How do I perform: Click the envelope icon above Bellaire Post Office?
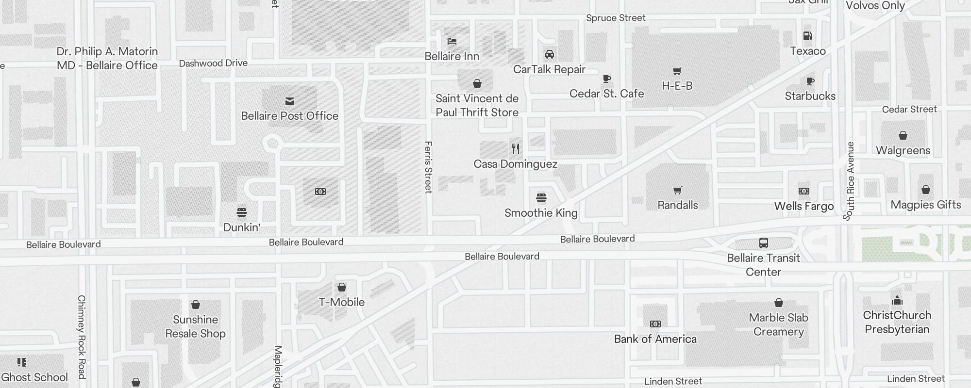[290, 101]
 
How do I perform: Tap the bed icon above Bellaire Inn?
[452, 41]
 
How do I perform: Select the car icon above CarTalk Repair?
[550, 54]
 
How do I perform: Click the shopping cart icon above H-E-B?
[677, 71]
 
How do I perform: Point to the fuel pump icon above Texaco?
[808, 36]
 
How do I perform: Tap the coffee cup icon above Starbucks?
[810, 81]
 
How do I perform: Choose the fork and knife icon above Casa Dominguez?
[516, 149]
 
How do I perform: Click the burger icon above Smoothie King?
[541, 198]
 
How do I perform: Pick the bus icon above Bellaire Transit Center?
[763, 243]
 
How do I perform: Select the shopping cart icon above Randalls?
[677, 190]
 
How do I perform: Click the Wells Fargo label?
[804, 206]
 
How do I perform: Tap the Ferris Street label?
[428, 167]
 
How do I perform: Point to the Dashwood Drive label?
[213, 64]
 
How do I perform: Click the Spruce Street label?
[616, 18]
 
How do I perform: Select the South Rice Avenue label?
[849, 181]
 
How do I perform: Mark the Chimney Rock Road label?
[82, 337]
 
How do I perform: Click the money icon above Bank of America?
[655, 324]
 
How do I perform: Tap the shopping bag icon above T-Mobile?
[342, 287]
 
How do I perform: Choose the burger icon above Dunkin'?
[242, 212]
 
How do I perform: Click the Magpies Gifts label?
[925, 205]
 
